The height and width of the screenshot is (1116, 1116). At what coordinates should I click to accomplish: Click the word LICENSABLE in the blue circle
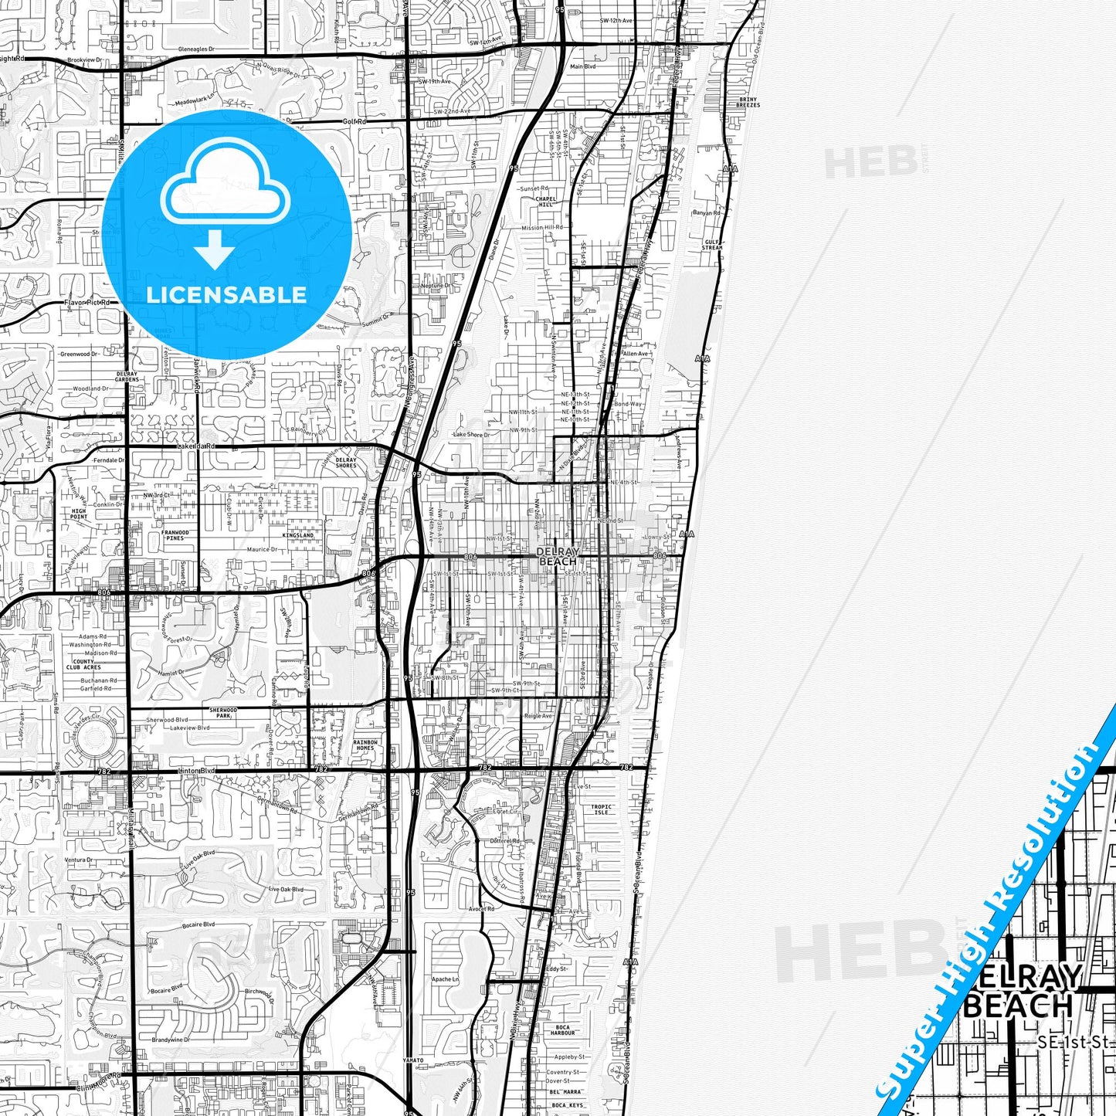pos(226,294)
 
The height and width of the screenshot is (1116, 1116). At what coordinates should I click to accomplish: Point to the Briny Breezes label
pos(748,102)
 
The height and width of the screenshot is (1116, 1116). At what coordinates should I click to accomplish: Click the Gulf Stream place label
pos(712,245)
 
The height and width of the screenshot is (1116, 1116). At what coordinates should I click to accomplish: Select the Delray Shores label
pos(347,463)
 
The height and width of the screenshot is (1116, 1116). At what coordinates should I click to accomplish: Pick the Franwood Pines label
pos(175,535)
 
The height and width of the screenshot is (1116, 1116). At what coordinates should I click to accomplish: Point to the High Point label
pos(80,514)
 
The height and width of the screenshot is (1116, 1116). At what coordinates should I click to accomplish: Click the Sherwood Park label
pos(223,712)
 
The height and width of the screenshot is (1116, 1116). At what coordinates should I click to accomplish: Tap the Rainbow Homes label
pos(365,745)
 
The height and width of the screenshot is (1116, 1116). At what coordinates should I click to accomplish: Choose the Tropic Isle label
pos(601,809)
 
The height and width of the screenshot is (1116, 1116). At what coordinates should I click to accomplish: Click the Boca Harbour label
pos(563,1030)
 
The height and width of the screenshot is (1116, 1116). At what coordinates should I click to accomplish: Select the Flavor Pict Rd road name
pos(86,303)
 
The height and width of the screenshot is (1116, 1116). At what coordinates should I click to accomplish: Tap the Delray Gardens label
pos(127,376)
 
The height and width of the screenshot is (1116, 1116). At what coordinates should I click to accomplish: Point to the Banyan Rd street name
pos(706,212)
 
